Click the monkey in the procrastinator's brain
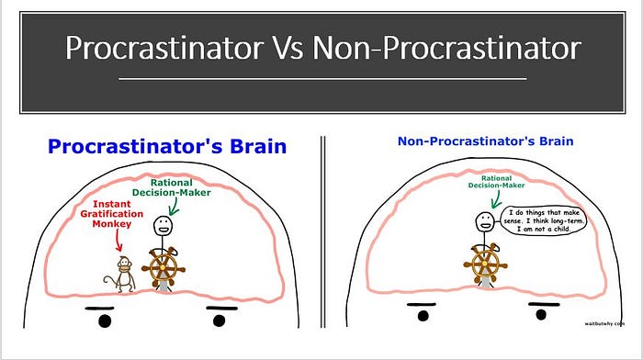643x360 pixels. coord(120,275)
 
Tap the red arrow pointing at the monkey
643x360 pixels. coord(118,241)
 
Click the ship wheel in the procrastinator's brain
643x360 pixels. coord(164,268)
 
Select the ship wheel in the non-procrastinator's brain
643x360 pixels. coord(485,264)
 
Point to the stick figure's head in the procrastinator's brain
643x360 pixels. coord(163,226)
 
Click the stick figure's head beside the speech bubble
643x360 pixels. coord(485,222)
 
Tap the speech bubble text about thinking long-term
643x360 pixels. coord(544,220)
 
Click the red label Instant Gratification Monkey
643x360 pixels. coord(111,214)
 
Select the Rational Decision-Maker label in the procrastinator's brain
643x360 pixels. coord(172,187)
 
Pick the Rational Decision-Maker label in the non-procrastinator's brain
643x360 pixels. coord(496,182)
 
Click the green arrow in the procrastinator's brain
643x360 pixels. coord(174,207)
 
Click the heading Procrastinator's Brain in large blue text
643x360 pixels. coord(167,146)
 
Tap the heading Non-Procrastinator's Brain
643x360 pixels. coord(486,141)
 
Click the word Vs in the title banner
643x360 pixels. coord(288,48)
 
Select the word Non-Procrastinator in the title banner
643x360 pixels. coord(447,48)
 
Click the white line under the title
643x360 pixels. coord(322,78)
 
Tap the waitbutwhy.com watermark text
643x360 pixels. coord(604,323)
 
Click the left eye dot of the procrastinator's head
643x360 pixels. coord(105,321)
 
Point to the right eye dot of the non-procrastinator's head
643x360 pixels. coord(541,314)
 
